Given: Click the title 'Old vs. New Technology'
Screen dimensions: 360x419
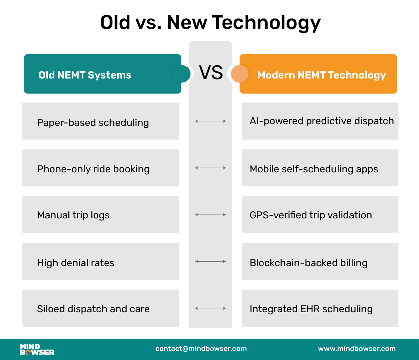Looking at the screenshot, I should click(210, 23).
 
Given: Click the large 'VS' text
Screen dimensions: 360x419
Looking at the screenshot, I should click(211, 73).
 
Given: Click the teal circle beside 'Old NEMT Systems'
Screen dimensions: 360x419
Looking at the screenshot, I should click(181, 74).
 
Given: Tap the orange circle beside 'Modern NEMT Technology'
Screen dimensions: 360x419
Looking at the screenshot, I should click(240, 74).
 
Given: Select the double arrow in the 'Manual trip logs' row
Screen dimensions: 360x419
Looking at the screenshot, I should click(210, 215).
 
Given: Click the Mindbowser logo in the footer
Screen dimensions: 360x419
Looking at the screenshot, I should click(37, 349).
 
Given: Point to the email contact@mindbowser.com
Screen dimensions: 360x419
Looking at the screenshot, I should click(201, 348).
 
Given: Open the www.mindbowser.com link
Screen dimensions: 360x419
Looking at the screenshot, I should click(357, 348).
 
